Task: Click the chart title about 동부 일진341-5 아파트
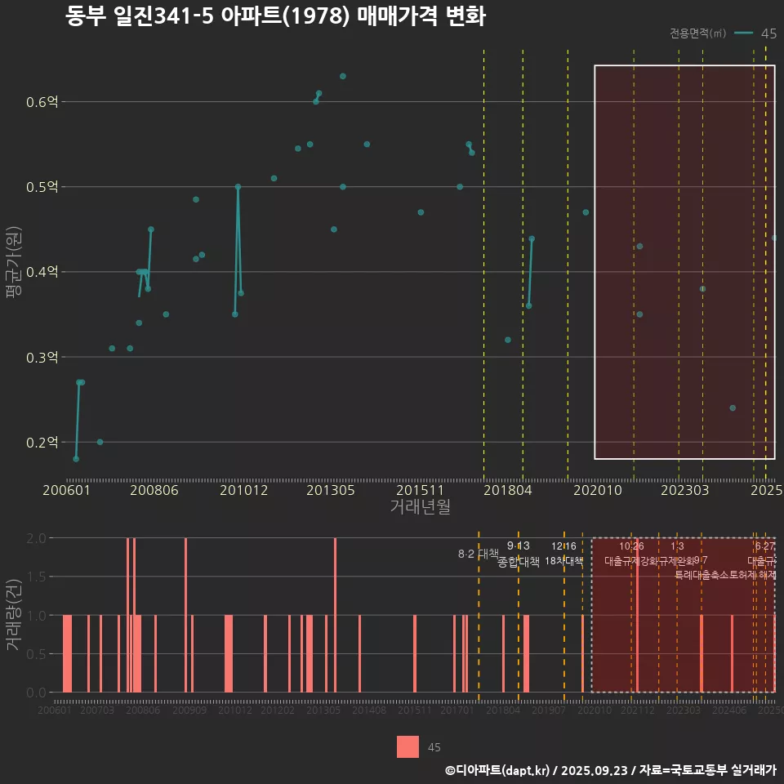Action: (276, 17)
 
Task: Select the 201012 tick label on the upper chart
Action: (243, 491)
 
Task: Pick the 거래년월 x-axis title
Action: (420, 507)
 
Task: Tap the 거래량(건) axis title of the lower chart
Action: (14, 615)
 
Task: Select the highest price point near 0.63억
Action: (343, 77)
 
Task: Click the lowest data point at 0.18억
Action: (76, 459)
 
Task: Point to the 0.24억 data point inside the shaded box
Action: (733, 408)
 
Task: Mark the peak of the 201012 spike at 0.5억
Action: (238, 187)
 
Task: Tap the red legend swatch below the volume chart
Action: (408, 746)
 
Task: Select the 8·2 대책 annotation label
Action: (479, 554)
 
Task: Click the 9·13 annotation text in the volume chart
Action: (518, 546)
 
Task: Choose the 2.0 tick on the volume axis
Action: (38, 538)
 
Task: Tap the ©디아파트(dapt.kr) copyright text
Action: (497, 770)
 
